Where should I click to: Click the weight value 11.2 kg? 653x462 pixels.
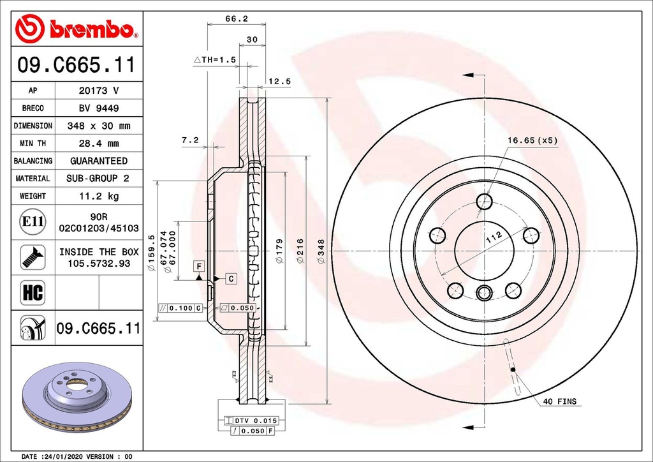click(x=99, y=196)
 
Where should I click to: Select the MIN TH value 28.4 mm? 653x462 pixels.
click(x=99, y=144)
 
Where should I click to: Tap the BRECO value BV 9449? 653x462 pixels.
click(x=99, y=108)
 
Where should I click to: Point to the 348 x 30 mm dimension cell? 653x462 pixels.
click(x=99, y=126)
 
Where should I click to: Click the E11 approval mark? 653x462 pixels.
click(x=33, y=221)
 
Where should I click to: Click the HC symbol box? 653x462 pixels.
click(x=33, y=292)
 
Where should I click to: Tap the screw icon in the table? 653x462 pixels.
click(x=33, y=257)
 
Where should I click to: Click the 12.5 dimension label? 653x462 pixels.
click(x=279, y=82)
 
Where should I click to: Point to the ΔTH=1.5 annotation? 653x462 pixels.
click(x=215, y=59)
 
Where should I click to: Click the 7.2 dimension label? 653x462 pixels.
click(x=190, y=140)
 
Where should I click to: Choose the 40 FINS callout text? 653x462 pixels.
click(x=560, y=401)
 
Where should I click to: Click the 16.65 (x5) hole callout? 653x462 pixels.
click(x=532, y=140)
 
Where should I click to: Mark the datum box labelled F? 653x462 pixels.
click(x=199, y=266)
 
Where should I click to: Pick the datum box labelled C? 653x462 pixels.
click(x=231, y=278)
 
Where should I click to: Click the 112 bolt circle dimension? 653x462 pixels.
click(x=494, y=237)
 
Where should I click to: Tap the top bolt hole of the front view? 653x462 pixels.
click(x=485, y=202)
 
